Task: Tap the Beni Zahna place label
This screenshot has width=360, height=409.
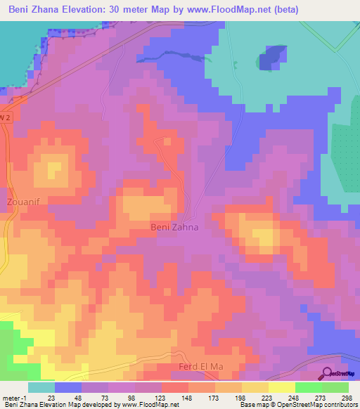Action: click(x=175, y=227)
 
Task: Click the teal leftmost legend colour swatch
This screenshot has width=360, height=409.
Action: click(x=41, y=387)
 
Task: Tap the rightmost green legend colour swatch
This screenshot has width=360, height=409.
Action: click(x=335, y=387)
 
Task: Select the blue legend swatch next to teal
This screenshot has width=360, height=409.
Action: click(x=67, y=387)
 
